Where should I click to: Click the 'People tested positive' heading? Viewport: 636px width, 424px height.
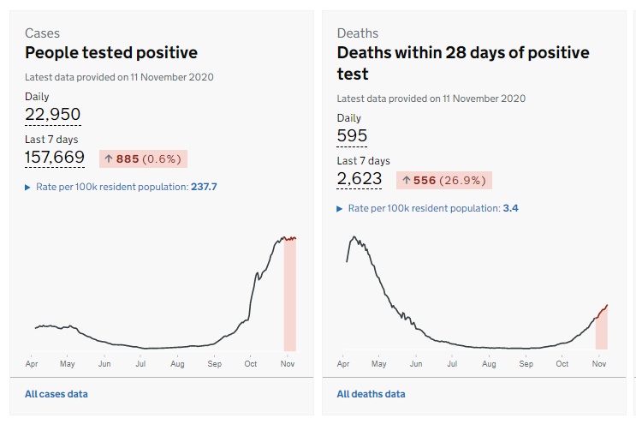coord(111,53)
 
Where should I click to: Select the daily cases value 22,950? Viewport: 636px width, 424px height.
coord(53,115)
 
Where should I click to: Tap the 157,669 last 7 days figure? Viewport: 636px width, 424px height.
coord(55,157)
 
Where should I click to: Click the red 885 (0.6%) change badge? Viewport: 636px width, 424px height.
coord(143,158)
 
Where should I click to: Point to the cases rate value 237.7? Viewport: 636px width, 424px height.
coord(203,187)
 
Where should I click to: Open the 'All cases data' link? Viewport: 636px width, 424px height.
coord(56,394)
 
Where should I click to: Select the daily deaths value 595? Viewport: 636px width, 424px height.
coord(352,135)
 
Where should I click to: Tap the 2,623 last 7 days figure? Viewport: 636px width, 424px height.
coord(360,178)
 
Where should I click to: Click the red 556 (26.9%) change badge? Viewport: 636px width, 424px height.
coord(443,180)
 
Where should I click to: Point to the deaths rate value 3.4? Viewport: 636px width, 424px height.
coord(511,208)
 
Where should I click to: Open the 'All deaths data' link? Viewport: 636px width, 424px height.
coord(371,394)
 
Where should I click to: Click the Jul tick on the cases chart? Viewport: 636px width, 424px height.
coord(140,364)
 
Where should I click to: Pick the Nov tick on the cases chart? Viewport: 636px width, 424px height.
coord(287,364)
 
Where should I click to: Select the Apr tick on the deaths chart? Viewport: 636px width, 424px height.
coord(343,364)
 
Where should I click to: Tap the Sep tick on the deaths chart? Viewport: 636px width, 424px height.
coord(526,364)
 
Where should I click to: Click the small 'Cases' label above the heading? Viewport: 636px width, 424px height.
coord(42,33)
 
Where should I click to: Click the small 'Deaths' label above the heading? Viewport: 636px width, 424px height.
coord(358,33)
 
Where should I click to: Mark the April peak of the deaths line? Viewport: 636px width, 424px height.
coord(352,237)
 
